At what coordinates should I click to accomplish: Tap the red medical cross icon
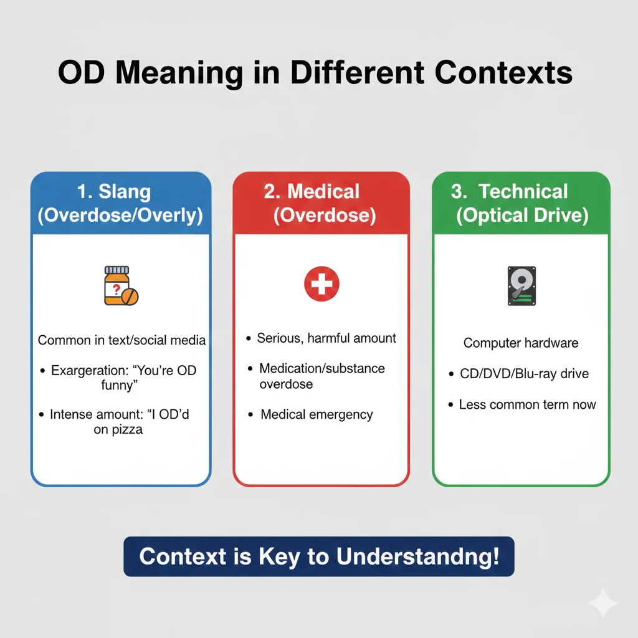coord(321,285)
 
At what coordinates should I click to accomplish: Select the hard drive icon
coord(521,285)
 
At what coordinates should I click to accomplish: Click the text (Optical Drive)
coord(522,216)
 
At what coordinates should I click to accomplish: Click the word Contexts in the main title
coord(504,74)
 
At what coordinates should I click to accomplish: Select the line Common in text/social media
coord(121,340)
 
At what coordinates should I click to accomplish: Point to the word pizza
coord(118,430)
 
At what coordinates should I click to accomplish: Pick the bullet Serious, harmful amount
coord(326,338)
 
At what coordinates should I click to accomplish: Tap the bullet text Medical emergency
coord(317,414)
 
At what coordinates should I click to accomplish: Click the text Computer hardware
coord(521,343)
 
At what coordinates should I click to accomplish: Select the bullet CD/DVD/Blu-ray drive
coord(524,374)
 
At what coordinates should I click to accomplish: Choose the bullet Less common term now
coord(527,404)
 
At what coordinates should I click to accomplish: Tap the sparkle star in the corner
coord(602,602)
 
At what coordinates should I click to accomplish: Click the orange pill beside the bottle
coord(130,297)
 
